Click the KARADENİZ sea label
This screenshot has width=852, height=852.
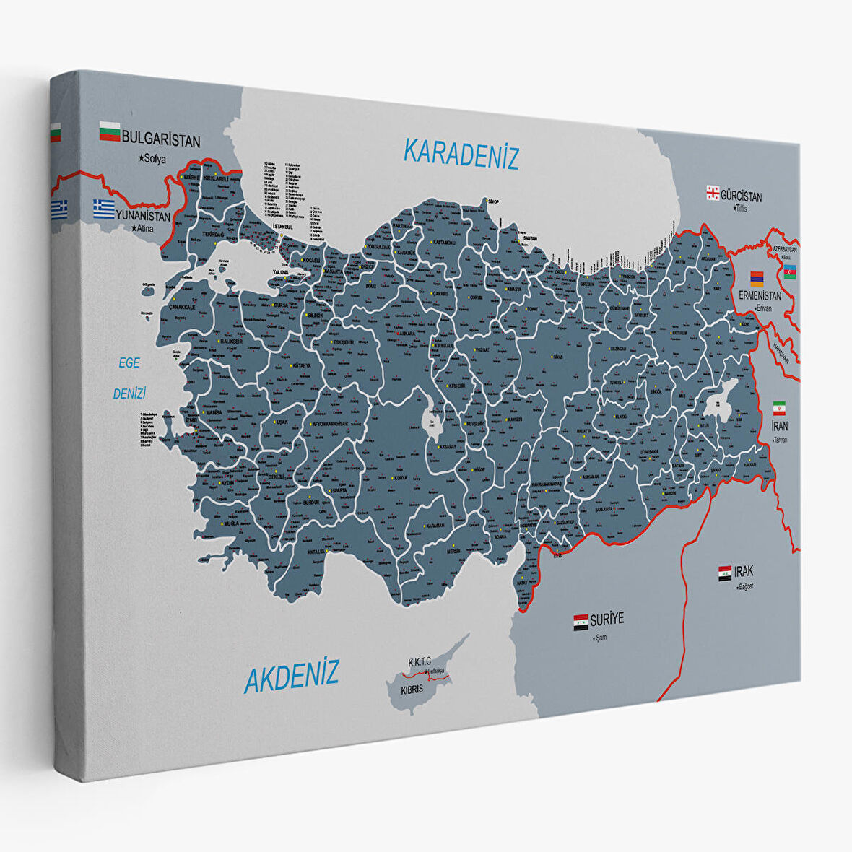[x=461, y=153]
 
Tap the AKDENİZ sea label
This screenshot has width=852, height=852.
[x=291, y=677]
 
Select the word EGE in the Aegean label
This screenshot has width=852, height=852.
[x=129, y=363]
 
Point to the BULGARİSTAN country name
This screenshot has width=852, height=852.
[x=160, y=138]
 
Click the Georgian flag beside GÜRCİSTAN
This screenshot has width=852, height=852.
[x=713, y=193]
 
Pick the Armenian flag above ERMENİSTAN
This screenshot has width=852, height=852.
[x=756, y=278]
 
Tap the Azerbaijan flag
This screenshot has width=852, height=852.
[x=790, y=271]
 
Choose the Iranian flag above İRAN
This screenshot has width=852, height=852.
[x=779, y=407]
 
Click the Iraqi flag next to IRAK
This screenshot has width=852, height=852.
[x=725, y=573]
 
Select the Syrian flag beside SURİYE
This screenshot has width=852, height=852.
[x=581, y=622]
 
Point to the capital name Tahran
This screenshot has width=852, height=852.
[x=778, y=440]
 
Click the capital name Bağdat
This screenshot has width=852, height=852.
[x=745, y=586]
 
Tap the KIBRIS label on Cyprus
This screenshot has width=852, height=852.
[x=412, y=690]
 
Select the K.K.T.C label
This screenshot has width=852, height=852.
[x=420, y=661]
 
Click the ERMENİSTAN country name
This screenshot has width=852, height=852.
[x=759, y=296]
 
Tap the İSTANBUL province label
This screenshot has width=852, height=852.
[x=280, y=227]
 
